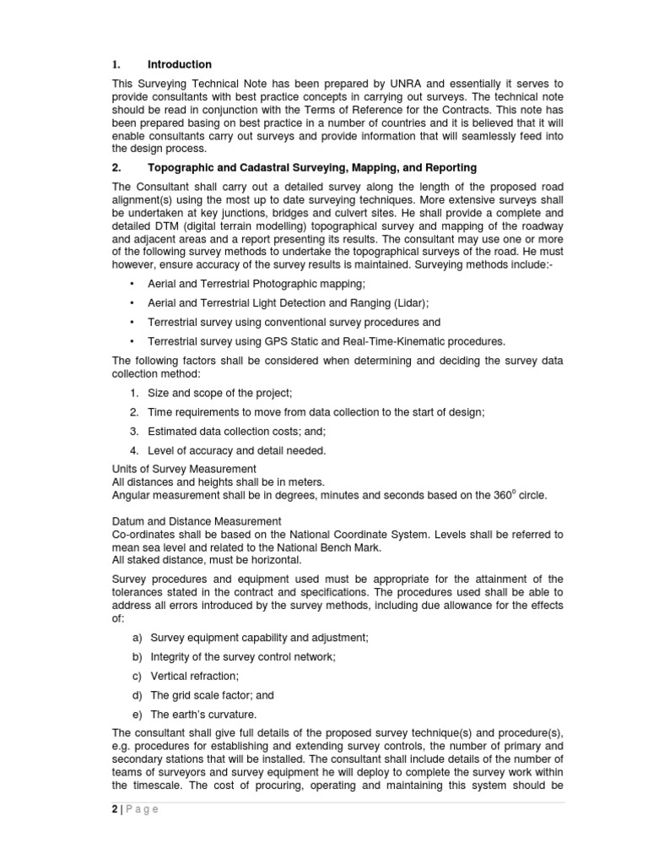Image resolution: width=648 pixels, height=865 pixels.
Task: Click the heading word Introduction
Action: click(x=179, y=65)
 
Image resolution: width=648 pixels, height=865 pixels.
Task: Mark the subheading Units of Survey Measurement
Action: click(x=184, y=469)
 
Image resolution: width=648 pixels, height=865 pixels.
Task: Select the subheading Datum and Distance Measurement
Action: click(x=197, y=522)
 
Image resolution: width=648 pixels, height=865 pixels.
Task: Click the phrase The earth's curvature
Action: click(x=202, y=715)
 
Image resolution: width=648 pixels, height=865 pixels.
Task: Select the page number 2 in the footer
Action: click(x=115, y=809)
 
